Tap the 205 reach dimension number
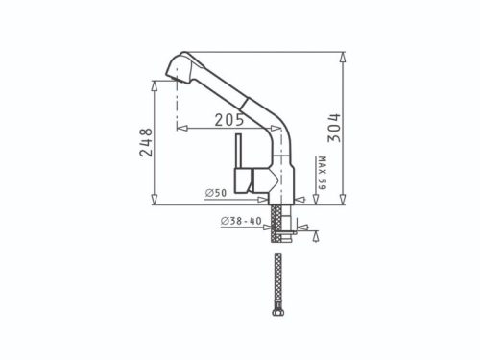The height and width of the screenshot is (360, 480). [228, 120]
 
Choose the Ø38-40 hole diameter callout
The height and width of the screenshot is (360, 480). [240, 223]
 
